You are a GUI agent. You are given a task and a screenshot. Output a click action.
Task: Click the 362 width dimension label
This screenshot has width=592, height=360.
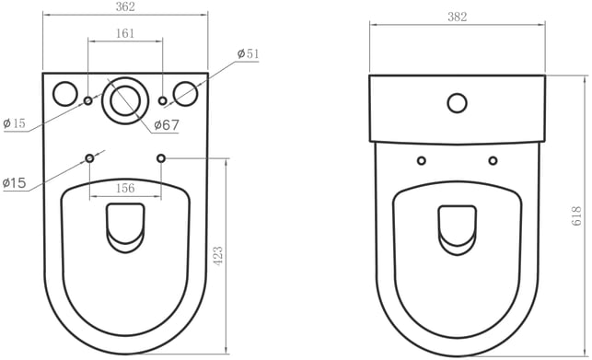125,6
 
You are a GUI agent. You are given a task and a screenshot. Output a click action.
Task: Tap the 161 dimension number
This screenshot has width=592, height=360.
125,33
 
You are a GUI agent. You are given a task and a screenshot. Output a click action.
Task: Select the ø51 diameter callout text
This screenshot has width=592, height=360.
248,54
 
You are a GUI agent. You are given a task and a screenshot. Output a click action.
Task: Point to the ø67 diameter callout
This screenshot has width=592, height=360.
167,125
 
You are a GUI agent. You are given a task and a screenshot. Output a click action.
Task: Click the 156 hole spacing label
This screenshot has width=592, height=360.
125,188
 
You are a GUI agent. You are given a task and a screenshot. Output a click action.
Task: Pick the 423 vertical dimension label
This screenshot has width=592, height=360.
218,256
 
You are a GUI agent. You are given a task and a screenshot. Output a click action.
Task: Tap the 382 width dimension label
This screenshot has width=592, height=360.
458,17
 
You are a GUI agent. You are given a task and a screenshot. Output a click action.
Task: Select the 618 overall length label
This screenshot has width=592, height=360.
576,216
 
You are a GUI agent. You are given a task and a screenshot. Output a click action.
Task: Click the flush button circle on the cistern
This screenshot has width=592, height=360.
458,103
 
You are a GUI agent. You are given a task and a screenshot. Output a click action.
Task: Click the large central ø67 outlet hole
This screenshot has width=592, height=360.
125,101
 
